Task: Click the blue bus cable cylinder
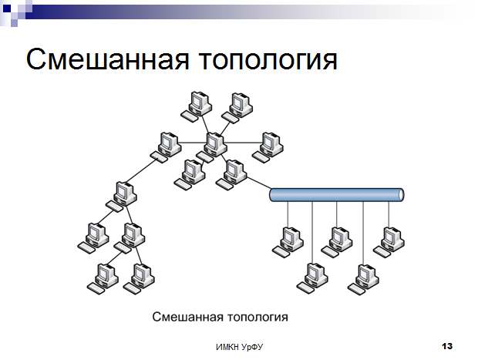coord(337,195)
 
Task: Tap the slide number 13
coord(447,346)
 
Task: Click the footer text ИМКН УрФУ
coord(239,347)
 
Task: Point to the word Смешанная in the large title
coord(108,59)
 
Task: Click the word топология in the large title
coord(268,60)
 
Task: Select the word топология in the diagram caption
coord(258,318)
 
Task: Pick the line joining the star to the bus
coord(259,183)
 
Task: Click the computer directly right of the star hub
coord(268,147)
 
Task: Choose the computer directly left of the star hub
coord(166,147)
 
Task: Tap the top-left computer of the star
coord(197,106)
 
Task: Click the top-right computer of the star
coord(237,108)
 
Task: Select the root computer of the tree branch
coord(122,197)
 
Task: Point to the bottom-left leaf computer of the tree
coord(103,278)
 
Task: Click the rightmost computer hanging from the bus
coord(389,242)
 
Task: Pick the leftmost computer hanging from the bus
coord(288,242)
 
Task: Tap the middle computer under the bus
coord(337,242)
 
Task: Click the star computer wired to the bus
coord(231,175)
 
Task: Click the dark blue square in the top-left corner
coord(7,8)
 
